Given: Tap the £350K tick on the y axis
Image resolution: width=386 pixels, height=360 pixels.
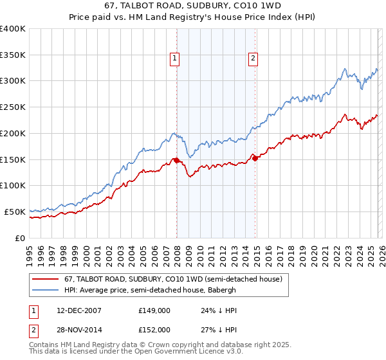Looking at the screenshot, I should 13,55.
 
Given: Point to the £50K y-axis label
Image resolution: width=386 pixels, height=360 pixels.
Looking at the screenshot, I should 15,212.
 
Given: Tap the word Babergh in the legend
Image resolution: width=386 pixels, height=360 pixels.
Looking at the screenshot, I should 221,290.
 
